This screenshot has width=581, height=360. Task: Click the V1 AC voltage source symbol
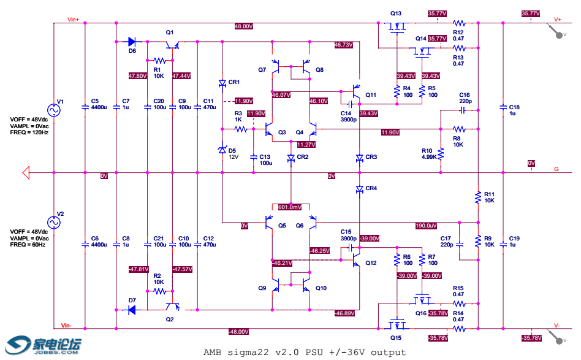(x=53, y=110)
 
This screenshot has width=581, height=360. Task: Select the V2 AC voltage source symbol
(x=53, y=222)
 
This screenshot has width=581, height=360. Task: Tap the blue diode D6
(x=132, y=42)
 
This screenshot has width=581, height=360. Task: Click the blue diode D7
(x=132, y=310)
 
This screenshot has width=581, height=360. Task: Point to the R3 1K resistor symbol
(x=240, y=129)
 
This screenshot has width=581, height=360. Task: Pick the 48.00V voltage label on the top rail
(x=243, y=26)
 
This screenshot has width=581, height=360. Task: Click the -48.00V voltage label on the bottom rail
(x=238, y=332)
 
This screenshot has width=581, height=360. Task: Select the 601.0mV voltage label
(x=290, y=207)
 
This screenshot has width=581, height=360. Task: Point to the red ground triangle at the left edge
(x=26, y=172)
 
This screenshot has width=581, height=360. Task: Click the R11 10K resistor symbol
(x=477, y=197)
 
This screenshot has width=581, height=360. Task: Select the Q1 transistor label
(x=170, y=32)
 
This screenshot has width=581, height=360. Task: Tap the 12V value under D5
(x=233, y=157)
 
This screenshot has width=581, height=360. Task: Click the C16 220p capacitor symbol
(x=464, y=110)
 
